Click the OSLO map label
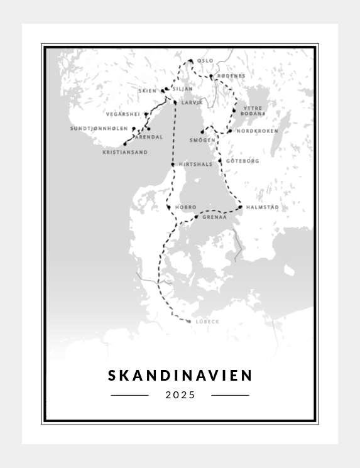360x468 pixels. tap(205, 61)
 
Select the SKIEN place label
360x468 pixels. tap(147, 90)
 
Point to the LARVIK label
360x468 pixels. tap(192, 102)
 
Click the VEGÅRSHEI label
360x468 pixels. tap(123, 114)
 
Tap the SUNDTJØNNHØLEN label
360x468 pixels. tap(99, 128)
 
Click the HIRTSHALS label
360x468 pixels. tap(196, 165)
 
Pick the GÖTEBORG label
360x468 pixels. tap(243, 161)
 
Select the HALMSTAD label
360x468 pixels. tap(263, 207)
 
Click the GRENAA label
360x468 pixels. tap(214, 217)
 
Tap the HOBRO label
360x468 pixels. tap(186, 207)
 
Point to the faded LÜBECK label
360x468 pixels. tap(207, 322)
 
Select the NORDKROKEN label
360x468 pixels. tap(257, 131)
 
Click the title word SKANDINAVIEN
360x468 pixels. tap(180, 376)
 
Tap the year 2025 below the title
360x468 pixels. tap(180, 395)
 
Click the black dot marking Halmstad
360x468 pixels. tap(241, 207)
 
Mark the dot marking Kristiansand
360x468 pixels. tap(125, 144)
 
